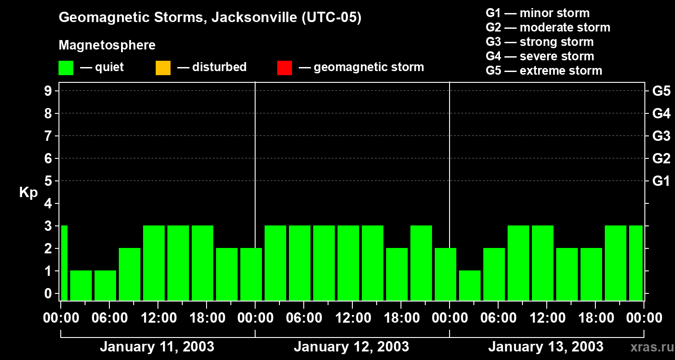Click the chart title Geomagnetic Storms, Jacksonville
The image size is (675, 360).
[210, 18]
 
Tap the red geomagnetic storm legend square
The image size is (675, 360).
[284, 67]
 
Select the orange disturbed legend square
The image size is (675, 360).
[163, 67]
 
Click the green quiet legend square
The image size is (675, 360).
[66, 67]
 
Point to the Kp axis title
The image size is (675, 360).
[28, 193]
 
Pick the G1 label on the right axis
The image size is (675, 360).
[661, 181]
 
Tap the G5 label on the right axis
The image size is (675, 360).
[661, 91]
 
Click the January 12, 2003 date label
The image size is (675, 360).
[351, 347]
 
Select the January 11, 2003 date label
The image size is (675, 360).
[157, 347]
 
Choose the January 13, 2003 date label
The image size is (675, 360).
[546, 347]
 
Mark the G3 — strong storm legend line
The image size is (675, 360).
[540, 42]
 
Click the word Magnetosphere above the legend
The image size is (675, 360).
[107, 45]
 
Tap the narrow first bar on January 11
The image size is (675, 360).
[64, 263]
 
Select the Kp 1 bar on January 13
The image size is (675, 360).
[470, 285]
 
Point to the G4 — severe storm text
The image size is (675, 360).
[540, 56]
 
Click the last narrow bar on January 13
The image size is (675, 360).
[636, 263]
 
